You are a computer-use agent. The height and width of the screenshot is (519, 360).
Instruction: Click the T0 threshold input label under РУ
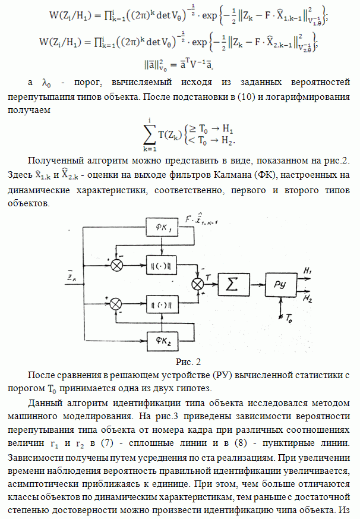point(289,319)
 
